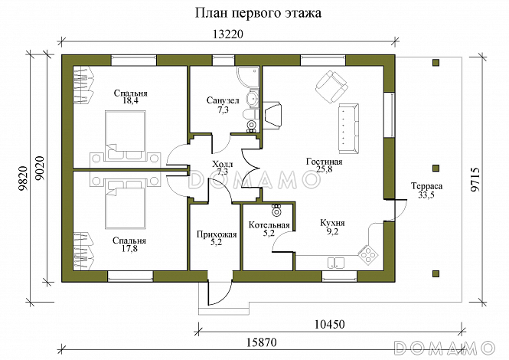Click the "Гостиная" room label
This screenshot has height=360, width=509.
324,162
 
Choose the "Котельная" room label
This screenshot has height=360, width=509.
269,225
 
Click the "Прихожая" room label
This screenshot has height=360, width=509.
215,234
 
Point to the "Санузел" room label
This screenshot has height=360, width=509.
223,100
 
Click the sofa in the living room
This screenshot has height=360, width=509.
349,126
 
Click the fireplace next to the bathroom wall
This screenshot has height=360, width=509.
274,115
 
